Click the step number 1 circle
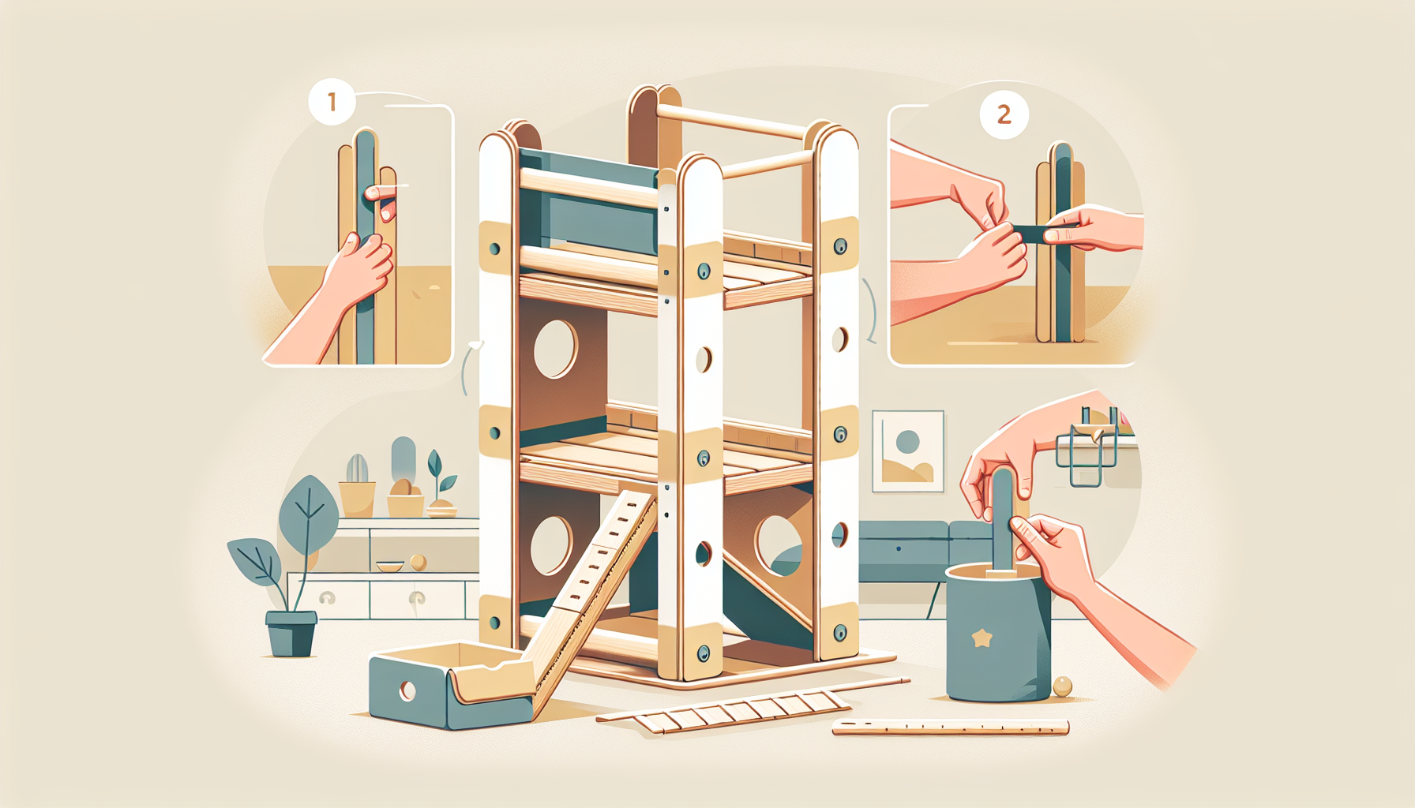[x=332, y=102]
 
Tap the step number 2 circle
[x=1004, y=114]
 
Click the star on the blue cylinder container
[x=981, y=638]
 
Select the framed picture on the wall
[x=908, y=451]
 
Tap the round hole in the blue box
[x=407, y=691]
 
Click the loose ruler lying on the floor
[x=951, y=728]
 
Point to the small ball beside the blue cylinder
[x=1062, y=686]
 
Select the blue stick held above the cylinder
[x=1003, y=517]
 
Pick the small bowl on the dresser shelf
[x=389, y=566]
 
